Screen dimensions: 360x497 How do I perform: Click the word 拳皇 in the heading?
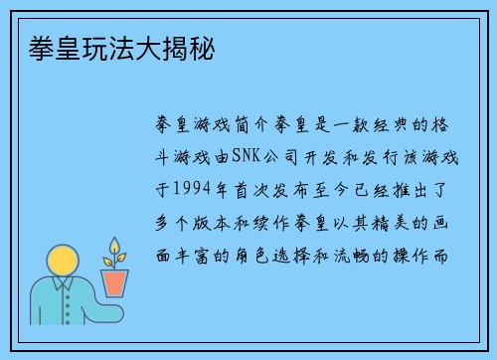[40, 47]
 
